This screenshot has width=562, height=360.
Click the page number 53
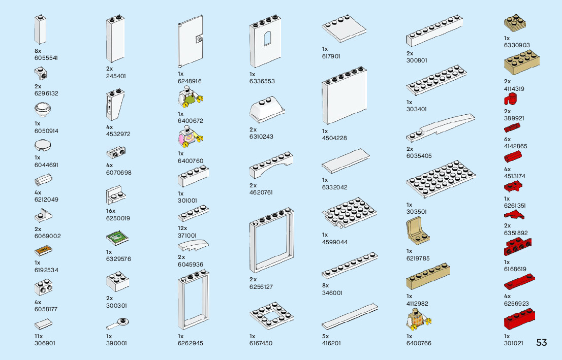coord(541,343)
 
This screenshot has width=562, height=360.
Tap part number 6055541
coord(46,58)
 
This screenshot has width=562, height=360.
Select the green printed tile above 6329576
coord(116,238)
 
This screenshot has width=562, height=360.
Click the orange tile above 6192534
coord(43,250)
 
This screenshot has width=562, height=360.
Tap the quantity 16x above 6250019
coord(111,211)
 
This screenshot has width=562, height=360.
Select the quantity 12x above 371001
coord(182,228)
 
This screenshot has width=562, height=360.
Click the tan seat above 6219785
coord(418,231)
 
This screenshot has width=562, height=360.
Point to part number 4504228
coord(334,138)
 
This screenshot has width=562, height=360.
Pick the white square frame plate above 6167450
coord(269,316)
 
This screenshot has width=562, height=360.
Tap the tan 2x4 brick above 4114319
coord(521,62)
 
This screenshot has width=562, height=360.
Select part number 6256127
coord(261,287)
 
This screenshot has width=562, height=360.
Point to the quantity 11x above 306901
coord(39,336)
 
